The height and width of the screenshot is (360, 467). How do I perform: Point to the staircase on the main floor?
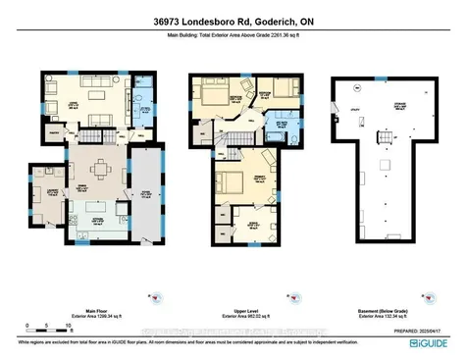94,139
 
